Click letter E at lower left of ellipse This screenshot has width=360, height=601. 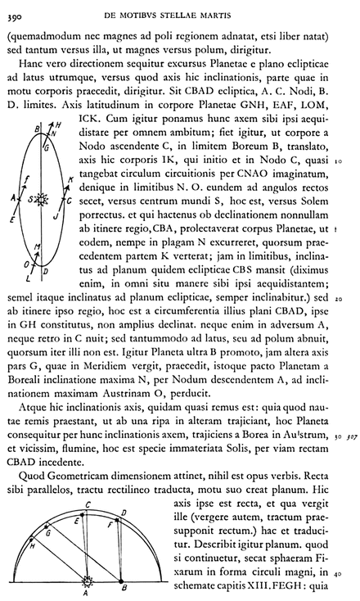(x=12, y=220)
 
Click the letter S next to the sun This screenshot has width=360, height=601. (x=30, y=199)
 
